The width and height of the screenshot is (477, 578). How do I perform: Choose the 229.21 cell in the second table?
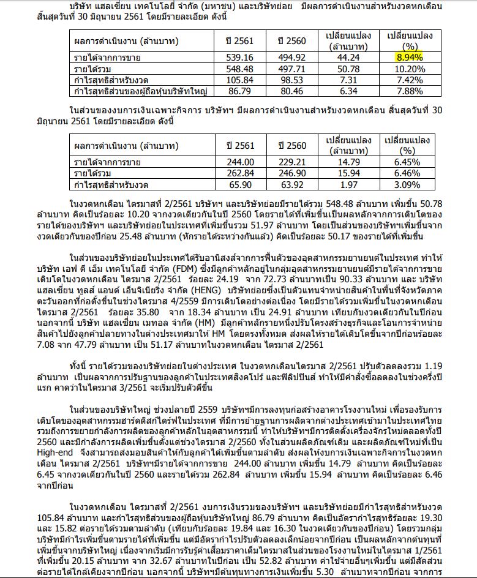[291, 162]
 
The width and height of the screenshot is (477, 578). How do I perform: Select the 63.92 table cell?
[291, 185]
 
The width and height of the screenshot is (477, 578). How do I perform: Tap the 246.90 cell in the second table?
[291, 173]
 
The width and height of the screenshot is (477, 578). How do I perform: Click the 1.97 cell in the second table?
[348, 185]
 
